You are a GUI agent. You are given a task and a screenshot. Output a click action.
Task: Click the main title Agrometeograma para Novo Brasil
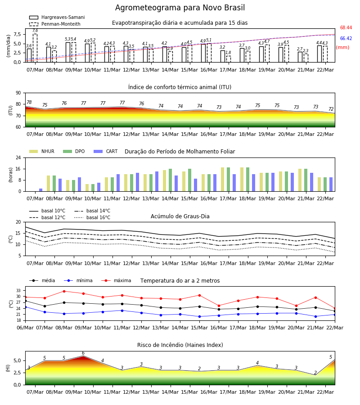point(180,8)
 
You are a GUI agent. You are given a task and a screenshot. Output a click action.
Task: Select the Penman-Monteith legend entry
point(55,24)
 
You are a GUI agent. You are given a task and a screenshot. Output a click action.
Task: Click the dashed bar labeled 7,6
point(35,48)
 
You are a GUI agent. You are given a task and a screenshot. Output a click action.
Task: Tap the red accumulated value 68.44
point(346,27)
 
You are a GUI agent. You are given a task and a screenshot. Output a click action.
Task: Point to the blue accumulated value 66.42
point(346,39)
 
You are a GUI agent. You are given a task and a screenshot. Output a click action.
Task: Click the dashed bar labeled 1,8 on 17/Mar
point(229,59)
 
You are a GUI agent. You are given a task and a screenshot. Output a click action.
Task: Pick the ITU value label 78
point(29,102)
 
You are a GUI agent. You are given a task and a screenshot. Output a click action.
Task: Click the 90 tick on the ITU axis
point(18,93)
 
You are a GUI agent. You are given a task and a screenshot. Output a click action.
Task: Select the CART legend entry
point(106,151)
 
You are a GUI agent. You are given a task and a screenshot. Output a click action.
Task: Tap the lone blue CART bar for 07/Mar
point(41,190)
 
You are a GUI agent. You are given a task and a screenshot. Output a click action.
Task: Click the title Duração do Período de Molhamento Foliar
point(180,152)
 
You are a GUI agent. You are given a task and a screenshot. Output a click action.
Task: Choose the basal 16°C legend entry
point(92,217)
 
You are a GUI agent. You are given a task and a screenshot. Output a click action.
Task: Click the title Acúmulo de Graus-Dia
point(180,216)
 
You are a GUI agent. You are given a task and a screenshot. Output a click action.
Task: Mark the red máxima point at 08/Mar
point(64,291)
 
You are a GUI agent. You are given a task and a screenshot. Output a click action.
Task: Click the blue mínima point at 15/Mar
point(199,316)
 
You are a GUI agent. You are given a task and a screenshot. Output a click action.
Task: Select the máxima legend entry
point(116,280)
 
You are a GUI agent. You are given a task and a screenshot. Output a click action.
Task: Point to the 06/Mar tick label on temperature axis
point(25,328)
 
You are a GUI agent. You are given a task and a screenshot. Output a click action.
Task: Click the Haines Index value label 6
point(83,353)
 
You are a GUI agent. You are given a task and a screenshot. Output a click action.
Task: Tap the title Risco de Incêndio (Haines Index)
point(180,345)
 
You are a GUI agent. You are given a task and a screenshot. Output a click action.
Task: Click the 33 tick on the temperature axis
point(18,291)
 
